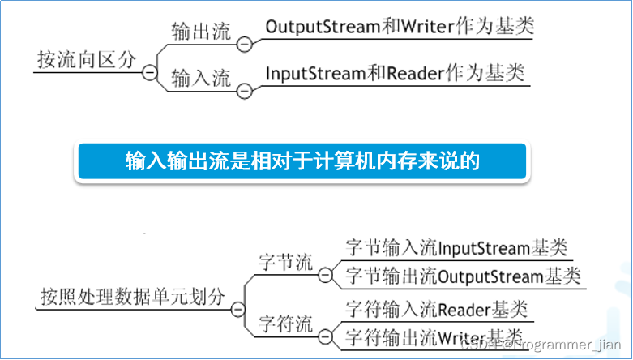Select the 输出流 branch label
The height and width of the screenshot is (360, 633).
click(201, 32)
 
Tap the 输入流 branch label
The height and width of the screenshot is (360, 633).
click(201, 78)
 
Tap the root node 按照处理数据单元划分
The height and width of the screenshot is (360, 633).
click(132, 297)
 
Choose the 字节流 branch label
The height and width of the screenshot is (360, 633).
click(285, 263)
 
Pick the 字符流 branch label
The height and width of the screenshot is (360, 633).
click(285, 324)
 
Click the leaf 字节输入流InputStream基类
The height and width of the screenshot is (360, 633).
click(456, 247)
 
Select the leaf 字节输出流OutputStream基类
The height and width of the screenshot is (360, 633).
click(463, 276)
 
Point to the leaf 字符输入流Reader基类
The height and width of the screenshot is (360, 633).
click(436, 309)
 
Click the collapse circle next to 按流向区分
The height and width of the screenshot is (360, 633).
click(150, 72)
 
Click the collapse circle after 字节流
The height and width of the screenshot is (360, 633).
click(325, 276)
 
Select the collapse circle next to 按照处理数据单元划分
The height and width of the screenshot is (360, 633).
click(237, 309)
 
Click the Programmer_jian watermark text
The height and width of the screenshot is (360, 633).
click(567, 345)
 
